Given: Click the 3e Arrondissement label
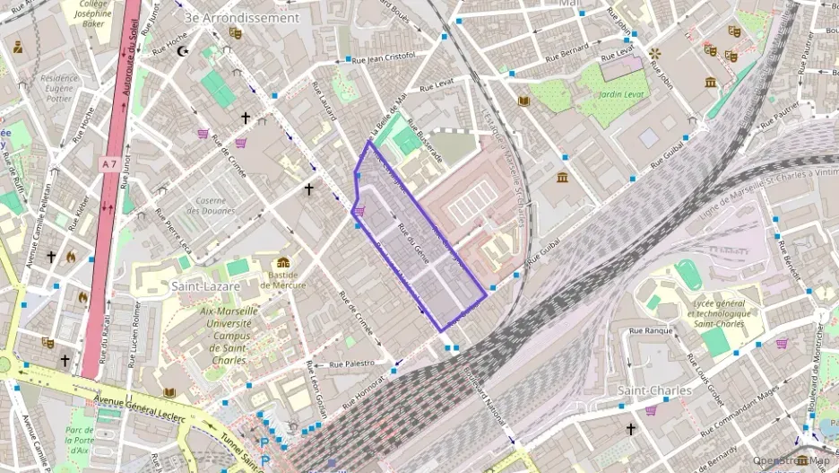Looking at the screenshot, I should [240, 18].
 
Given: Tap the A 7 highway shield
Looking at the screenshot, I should [109, 164].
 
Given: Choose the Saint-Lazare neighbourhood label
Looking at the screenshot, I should [205, 285].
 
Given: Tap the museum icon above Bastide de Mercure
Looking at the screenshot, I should [283, 263].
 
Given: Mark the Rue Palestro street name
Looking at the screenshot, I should [351, 365].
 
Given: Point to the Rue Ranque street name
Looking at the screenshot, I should [651, 331].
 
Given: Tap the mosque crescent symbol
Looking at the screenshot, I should [185, 51].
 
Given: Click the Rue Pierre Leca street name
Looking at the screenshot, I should [174, 231].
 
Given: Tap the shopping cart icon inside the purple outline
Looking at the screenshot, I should [359, 212].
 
